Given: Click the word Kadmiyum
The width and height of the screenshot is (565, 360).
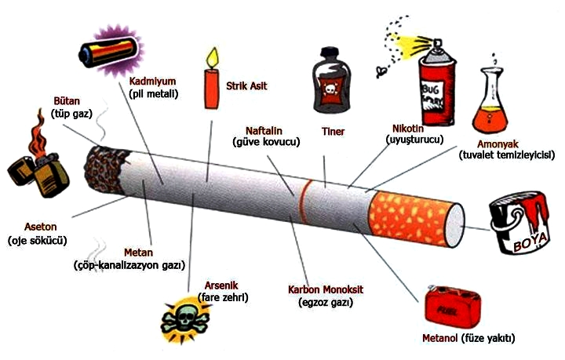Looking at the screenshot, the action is (152, 82).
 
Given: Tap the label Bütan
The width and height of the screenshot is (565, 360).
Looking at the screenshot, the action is (67, 101).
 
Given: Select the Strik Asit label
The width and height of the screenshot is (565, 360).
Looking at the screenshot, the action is (246, 86).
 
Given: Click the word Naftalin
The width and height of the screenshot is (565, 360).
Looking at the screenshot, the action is (264, 131).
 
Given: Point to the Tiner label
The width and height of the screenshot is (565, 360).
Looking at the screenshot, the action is (333, 132).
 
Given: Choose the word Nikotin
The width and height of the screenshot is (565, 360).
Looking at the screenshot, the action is (408, 129).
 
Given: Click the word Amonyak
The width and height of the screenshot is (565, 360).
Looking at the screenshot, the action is (498, 144).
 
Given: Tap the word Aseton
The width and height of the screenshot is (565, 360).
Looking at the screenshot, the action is (40, 227).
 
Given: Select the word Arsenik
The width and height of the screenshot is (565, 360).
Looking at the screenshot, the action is (221, 285).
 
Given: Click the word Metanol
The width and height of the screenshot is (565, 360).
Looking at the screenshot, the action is (440, 338).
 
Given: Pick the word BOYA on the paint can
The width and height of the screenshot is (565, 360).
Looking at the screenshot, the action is (530, 243).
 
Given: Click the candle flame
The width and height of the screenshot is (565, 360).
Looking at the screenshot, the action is (212, 58).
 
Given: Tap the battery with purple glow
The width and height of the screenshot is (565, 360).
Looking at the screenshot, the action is (109, 52).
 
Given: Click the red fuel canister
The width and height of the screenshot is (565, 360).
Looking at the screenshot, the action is (453, 307).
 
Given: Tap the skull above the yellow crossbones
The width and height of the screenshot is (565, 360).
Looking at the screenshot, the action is (184, 316).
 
